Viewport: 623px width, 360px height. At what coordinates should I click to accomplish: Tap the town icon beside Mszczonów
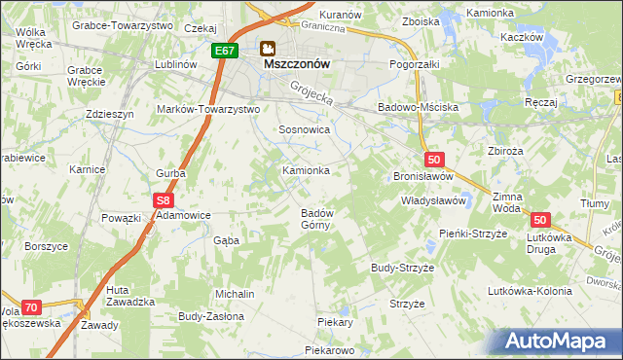[268, 46]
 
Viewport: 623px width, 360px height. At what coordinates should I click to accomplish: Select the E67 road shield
[225, 50]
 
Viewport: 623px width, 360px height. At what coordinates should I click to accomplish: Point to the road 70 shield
[30, 307]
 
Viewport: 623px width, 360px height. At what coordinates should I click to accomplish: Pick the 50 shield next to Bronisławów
[434, 160]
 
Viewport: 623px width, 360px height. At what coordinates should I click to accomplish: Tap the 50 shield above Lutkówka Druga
[541, 221]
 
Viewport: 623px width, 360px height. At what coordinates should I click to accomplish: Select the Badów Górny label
[317, 219]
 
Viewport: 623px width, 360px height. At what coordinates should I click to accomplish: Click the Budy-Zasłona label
[209, 316]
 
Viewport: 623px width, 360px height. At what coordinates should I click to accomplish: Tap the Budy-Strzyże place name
[402, 267]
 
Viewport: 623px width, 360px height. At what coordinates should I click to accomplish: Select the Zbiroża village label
[506, 151]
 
